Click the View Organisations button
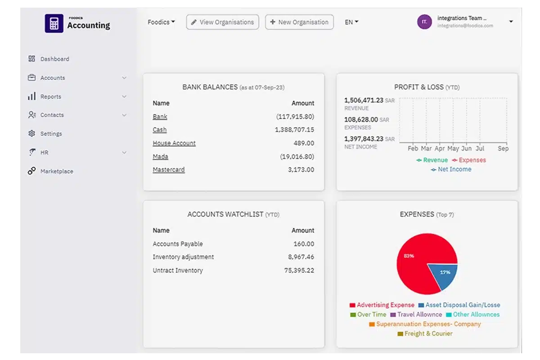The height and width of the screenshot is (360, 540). click(223, 22)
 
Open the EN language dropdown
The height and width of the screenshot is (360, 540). click(351, 22)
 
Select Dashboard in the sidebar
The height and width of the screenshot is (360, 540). click(54, 59)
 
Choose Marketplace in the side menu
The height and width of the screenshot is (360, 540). click(57, 171)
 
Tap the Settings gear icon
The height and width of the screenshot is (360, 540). click(31, 134)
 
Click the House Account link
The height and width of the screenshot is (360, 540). click(174, 143)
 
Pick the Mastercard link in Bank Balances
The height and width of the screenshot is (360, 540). click(169, 170)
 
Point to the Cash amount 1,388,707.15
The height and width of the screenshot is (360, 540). click(294, 130)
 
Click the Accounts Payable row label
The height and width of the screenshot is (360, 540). click(178, 244)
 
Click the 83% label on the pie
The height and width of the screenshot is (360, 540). click(409, 256)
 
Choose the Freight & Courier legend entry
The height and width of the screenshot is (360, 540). click(425, 333)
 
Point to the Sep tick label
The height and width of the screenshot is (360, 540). click(503, 148)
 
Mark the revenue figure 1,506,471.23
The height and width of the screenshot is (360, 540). click(364, 100)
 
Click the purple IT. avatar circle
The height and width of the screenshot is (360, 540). click(424, 22)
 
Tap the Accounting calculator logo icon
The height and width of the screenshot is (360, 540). click(54, 23)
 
